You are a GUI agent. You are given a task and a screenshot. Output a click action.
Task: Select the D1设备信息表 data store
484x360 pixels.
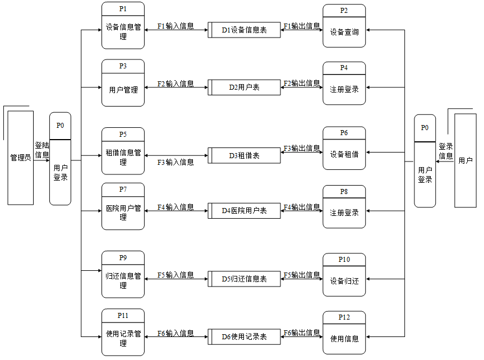[x=244, y=30]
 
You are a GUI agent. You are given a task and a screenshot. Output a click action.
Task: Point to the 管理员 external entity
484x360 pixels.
[x=20, y=158]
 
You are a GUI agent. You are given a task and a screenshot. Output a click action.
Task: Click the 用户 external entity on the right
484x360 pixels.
[x=465, y=160]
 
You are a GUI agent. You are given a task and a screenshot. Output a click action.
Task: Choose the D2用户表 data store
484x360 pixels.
[x=244, y=87]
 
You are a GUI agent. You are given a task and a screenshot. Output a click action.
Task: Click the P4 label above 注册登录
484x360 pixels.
[x=344, y=68]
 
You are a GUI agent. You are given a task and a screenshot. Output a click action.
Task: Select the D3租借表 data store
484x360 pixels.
[x=244, y=155]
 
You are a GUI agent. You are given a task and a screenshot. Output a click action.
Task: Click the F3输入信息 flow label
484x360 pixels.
[x=176, y=162]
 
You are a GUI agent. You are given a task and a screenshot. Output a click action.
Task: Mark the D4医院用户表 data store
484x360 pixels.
[x=244, y=211]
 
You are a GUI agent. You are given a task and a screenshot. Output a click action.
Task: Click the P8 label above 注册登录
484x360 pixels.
[x=344, y=191]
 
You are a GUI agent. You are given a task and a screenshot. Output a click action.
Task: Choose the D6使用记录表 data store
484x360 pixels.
[x=244, y=337]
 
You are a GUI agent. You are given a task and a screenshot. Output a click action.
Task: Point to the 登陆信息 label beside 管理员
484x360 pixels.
[x=42, y=150]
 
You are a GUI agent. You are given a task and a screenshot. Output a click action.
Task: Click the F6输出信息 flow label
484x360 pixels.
[x=302, y=333]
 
